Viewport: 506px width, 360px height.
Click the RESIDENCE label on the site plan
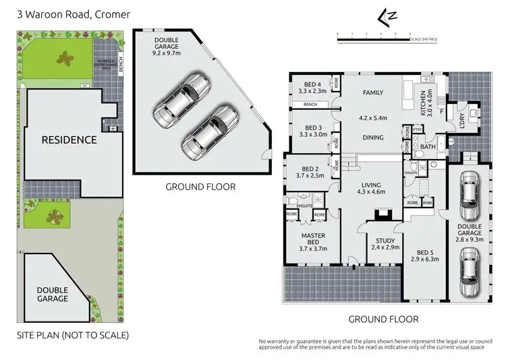click(x=69, y=140)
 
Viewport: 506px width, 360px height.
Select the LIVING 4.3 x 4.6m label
click(x=371, y=189)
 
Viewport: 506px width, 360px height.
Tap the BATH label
click(x=428, y=146)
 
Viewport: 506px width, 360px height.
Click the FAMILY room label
click(x=372, y=92)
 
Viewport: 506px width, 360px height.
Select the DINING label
click(x=372, y=138)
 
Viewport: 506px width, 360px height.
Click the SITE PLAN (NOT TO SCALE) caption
click(x=72, y=335)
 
